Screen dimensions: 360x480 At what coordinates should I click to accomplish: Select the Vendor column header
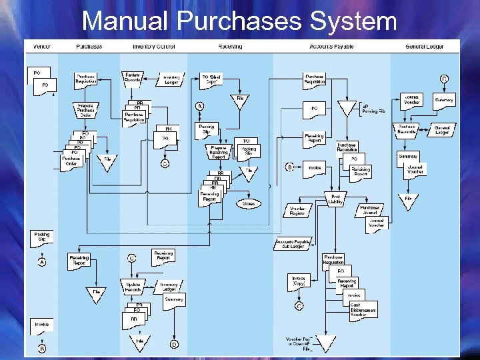[x=42, y=47]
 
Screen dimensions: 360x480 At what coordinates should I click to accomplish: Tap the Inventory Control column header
[x=154, y=47]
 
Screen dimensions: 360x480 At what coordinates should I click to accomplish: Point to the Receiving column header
[x=230, y=47]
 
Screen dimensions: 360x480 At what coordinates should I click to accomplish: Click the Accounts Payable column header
[x=331, y=47]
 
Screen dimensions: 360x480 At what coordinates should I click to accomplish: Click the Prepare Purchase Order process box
[x=85, y=110]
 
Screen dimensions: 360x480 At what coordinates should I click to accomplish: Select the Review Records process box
[x=132, y=79]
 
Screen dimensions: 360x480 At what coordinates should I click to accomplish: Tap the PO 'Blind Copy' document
[x=213, y=80]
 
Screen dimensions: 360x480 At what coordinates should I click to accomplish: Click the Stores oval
[x=248, y=203]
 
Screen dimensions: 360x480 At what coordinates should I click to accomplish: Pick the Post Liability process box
[x=336, y=199]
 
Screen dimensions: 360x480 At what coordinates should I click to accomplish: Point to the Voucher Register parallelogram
[x=297, y=211]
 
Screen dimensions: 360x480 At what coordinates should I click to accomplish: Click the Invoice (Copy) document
[x=299, y=281]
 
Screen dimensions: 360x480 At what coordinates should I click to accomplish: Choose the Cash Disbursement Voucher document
[x=363, y=310]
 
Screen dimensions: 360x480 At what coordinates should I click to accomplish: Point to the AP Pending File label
[x=373, y=109]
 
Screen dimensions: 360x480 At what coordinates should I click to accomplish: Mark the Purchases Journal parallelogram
[x=370, y=211]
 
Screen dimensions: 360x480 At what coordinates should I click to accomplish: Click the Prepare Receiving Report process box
[x=219, y=152]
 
